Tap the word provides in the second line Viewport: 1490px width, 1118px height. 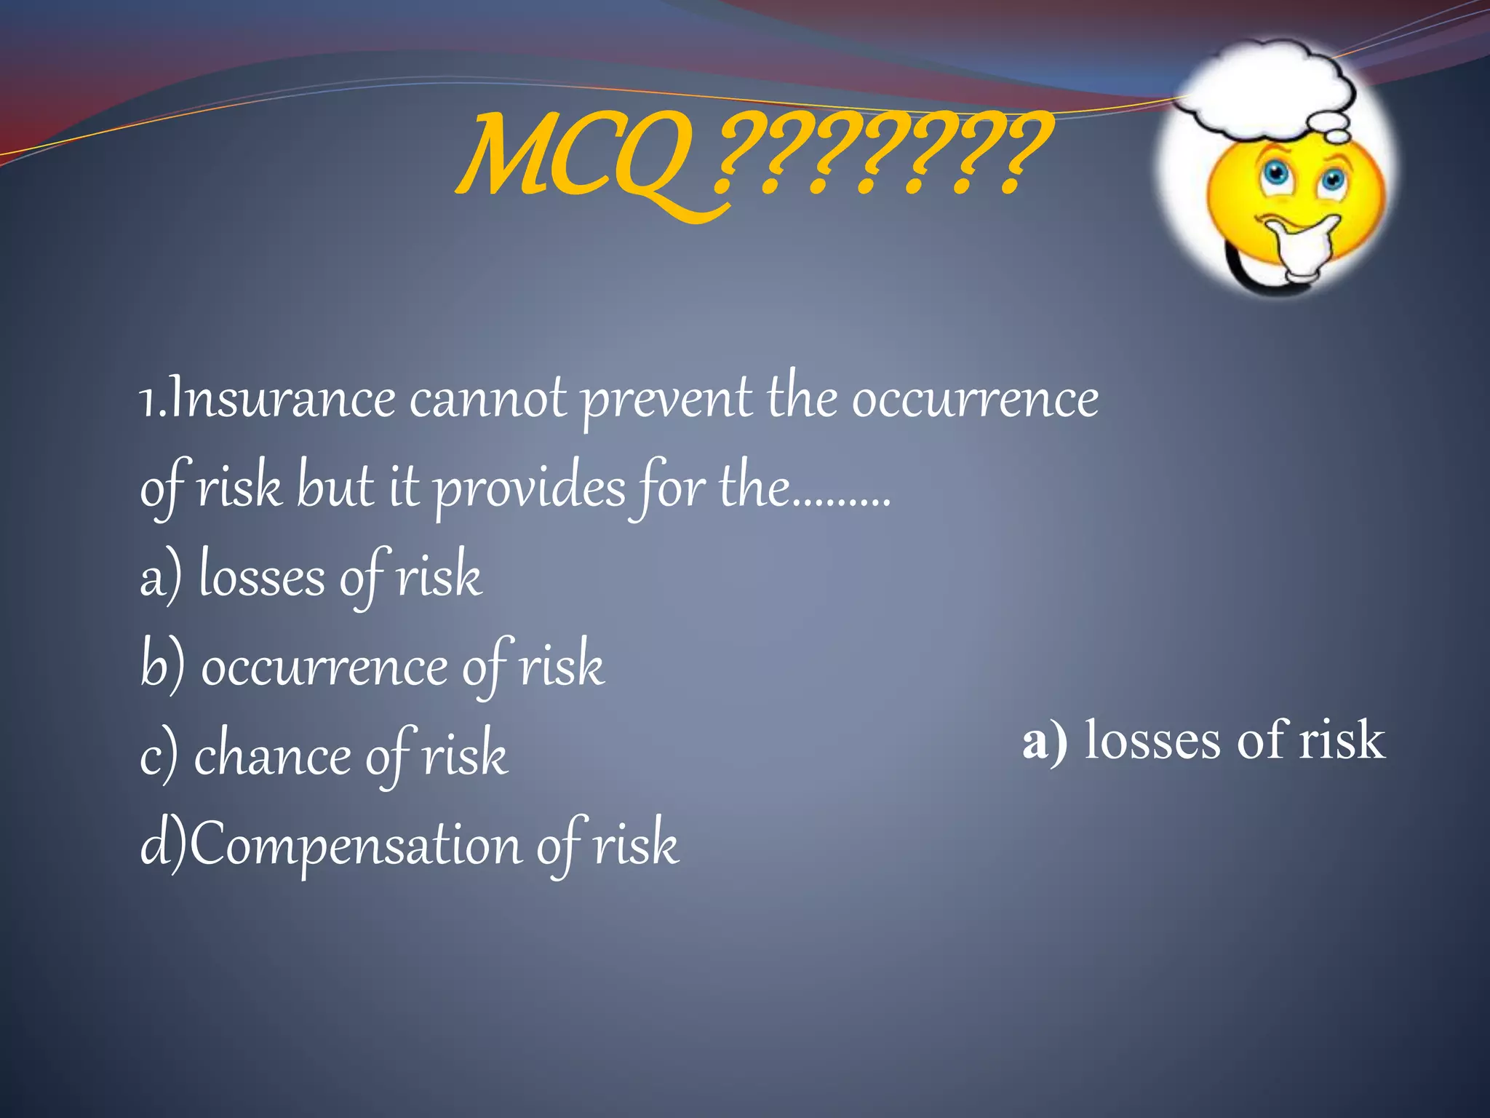[x=530, y=489]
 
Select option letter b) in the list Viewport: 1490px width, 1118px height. [x=162, y=666]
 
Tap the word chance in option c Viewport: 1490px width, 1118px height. [x=272, y=756]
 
